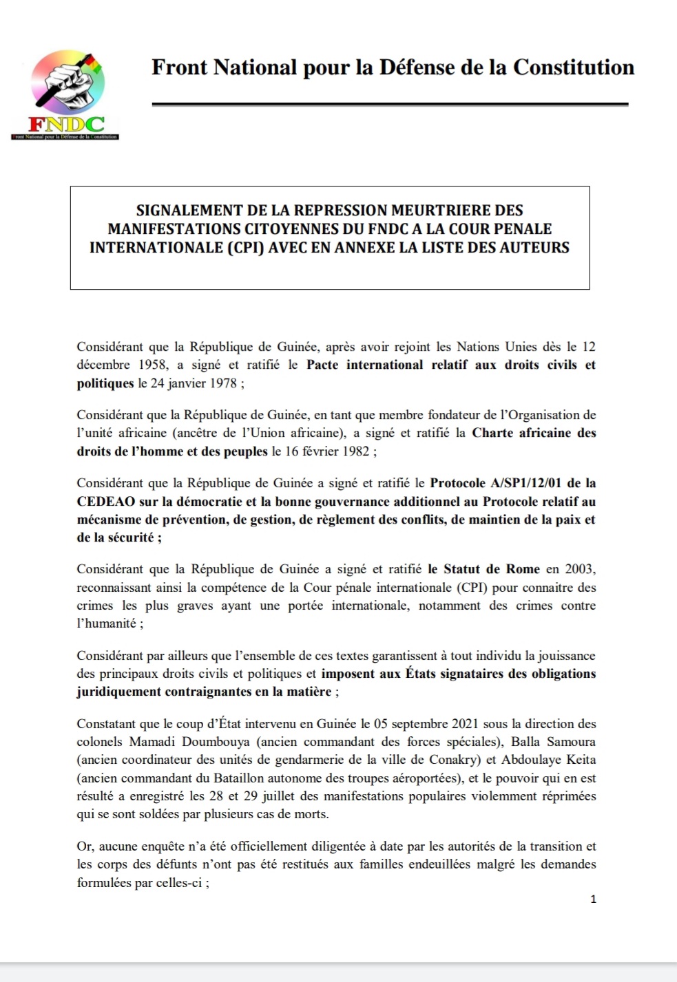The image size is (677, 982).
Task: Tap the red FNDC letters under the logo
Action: click(66, 125)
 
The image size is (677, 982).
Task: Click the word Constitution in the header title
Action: click(574, 67)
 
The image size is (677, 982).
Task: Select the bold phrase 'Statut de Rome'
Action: click(492, 569)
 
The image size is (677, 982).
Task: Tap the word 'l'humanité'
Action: click(107, 623)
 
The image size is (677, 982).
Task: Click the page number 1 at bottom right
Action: click(593, 899)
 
